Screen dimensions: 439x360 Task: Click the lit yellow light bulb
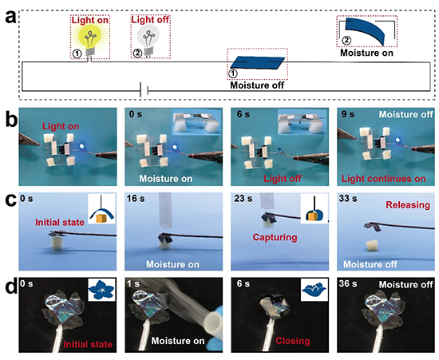[x=89, y=39]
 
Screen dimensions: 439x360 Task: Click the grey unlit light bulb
[x=148, y=39]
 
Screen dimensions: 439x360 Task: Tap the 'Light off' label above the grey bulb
[x=150, y=20]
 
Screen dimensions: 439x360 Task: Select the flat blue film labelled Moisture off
[x=257, y=63]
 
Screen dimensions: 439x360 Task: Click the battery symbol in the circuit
[x=144, y=90]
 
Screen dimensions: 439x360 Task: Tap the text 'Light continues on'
[x=383, y=179]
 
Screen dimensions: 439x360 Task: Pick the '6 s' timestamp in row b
[x=243, y=114]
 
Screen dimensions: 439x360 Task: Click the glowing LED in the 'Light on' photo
[x=82, y=146]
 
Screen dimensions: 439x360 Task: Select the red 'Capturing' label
[x=275, y=237]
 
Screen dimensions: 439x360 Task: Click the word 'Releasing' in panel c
[x=408, y=205]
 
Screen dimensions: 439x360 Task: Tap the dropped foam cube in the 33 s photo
[x=373, y=246]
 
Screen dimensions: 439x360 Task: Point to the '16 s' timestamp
[x=136, y=199]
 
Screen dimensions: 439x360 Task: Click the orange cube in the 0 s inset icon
[x=101, y=218]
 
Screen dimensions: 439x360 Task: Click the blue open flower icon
[x=101, y=290]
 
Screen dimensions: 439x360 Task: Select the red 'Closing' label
[x=293, y=341]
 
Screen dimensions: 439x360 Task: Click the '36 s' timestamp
[x=348, y=284]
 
